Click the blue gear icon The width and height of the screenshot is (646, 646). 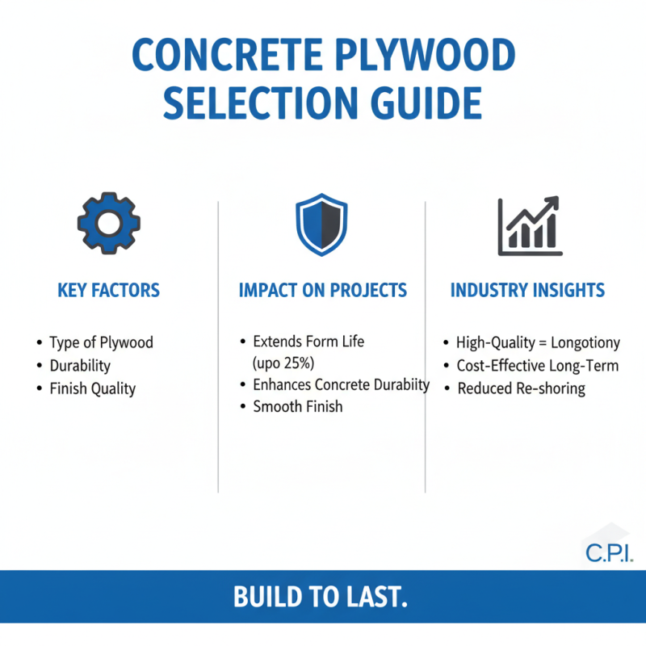108,223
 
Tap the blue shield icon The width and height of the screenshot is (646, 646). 322,224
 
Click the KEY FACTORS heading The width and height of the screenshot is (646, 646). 108,291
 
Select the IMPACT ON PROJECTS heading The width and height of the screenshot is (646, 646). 322,291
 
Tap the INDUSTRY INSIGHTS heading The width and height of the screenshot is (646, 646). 527,291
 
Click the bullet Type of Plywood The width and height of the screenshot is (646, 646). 101,342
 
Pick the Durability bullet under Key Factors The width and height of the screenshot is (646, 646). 80,366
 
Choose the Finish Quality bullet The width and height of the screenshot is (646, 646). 92,389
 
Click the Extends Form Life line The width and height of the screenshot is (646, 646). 308,342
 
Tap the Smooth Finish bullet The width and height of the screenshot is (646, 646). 297,407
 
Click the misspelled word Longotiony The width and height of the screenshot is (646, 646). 585,343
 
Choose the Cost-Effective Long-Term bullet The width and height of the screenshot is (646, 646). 537,366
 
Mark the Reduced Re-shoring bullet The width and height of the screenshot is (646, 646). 521,389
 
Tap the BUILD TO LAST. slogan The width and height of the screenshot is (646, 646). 321,598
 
